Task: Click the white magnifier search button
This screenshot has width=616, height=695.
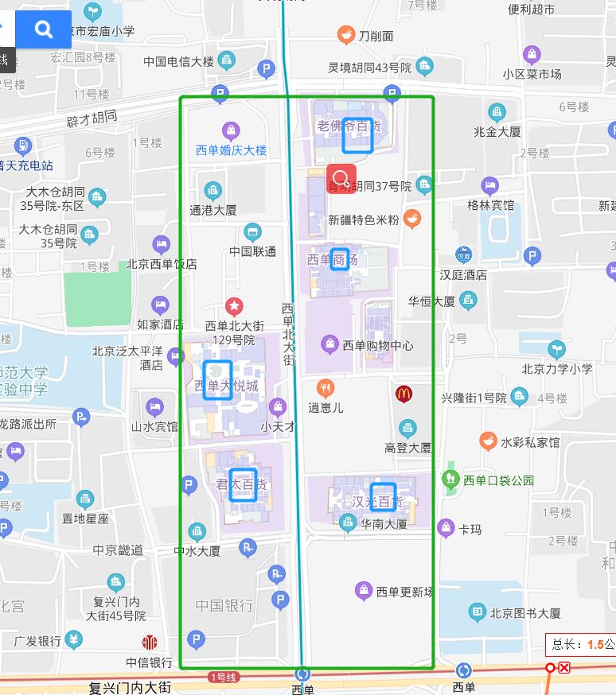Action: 44,30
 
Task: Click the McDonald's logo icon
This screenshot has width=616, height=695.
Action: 404,393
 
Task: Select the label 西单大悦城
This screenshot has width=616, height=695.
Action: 227,386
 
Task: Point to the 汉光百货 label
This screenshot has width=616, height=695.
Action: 377,503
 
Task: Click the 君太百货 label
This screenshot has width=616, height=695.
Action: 241,485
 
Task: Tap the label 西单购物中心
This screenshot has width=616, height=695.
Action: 378,345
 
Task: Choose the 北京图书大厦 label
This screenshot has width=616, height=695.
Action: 525,613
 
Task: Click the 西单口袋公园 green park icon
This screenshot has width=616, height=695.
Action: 451,480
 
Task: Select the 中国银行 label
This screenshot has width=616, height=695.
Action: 224,605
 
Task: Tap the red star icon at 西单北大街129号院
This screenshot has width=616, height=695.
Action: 234,305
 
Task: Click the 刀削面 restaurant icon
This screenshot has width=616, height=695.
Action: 345,35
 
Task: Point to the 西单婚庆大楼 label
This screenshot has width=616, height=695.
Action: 232,149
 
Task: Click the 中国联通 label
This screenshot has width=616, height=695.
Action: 253,251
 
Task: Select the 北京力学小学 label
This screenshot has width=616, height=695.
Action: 557,369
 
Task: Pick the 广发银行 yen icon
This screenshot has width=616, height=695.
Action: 74,639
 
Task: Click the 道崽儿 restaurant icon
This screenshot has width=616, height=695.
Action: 326,389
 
